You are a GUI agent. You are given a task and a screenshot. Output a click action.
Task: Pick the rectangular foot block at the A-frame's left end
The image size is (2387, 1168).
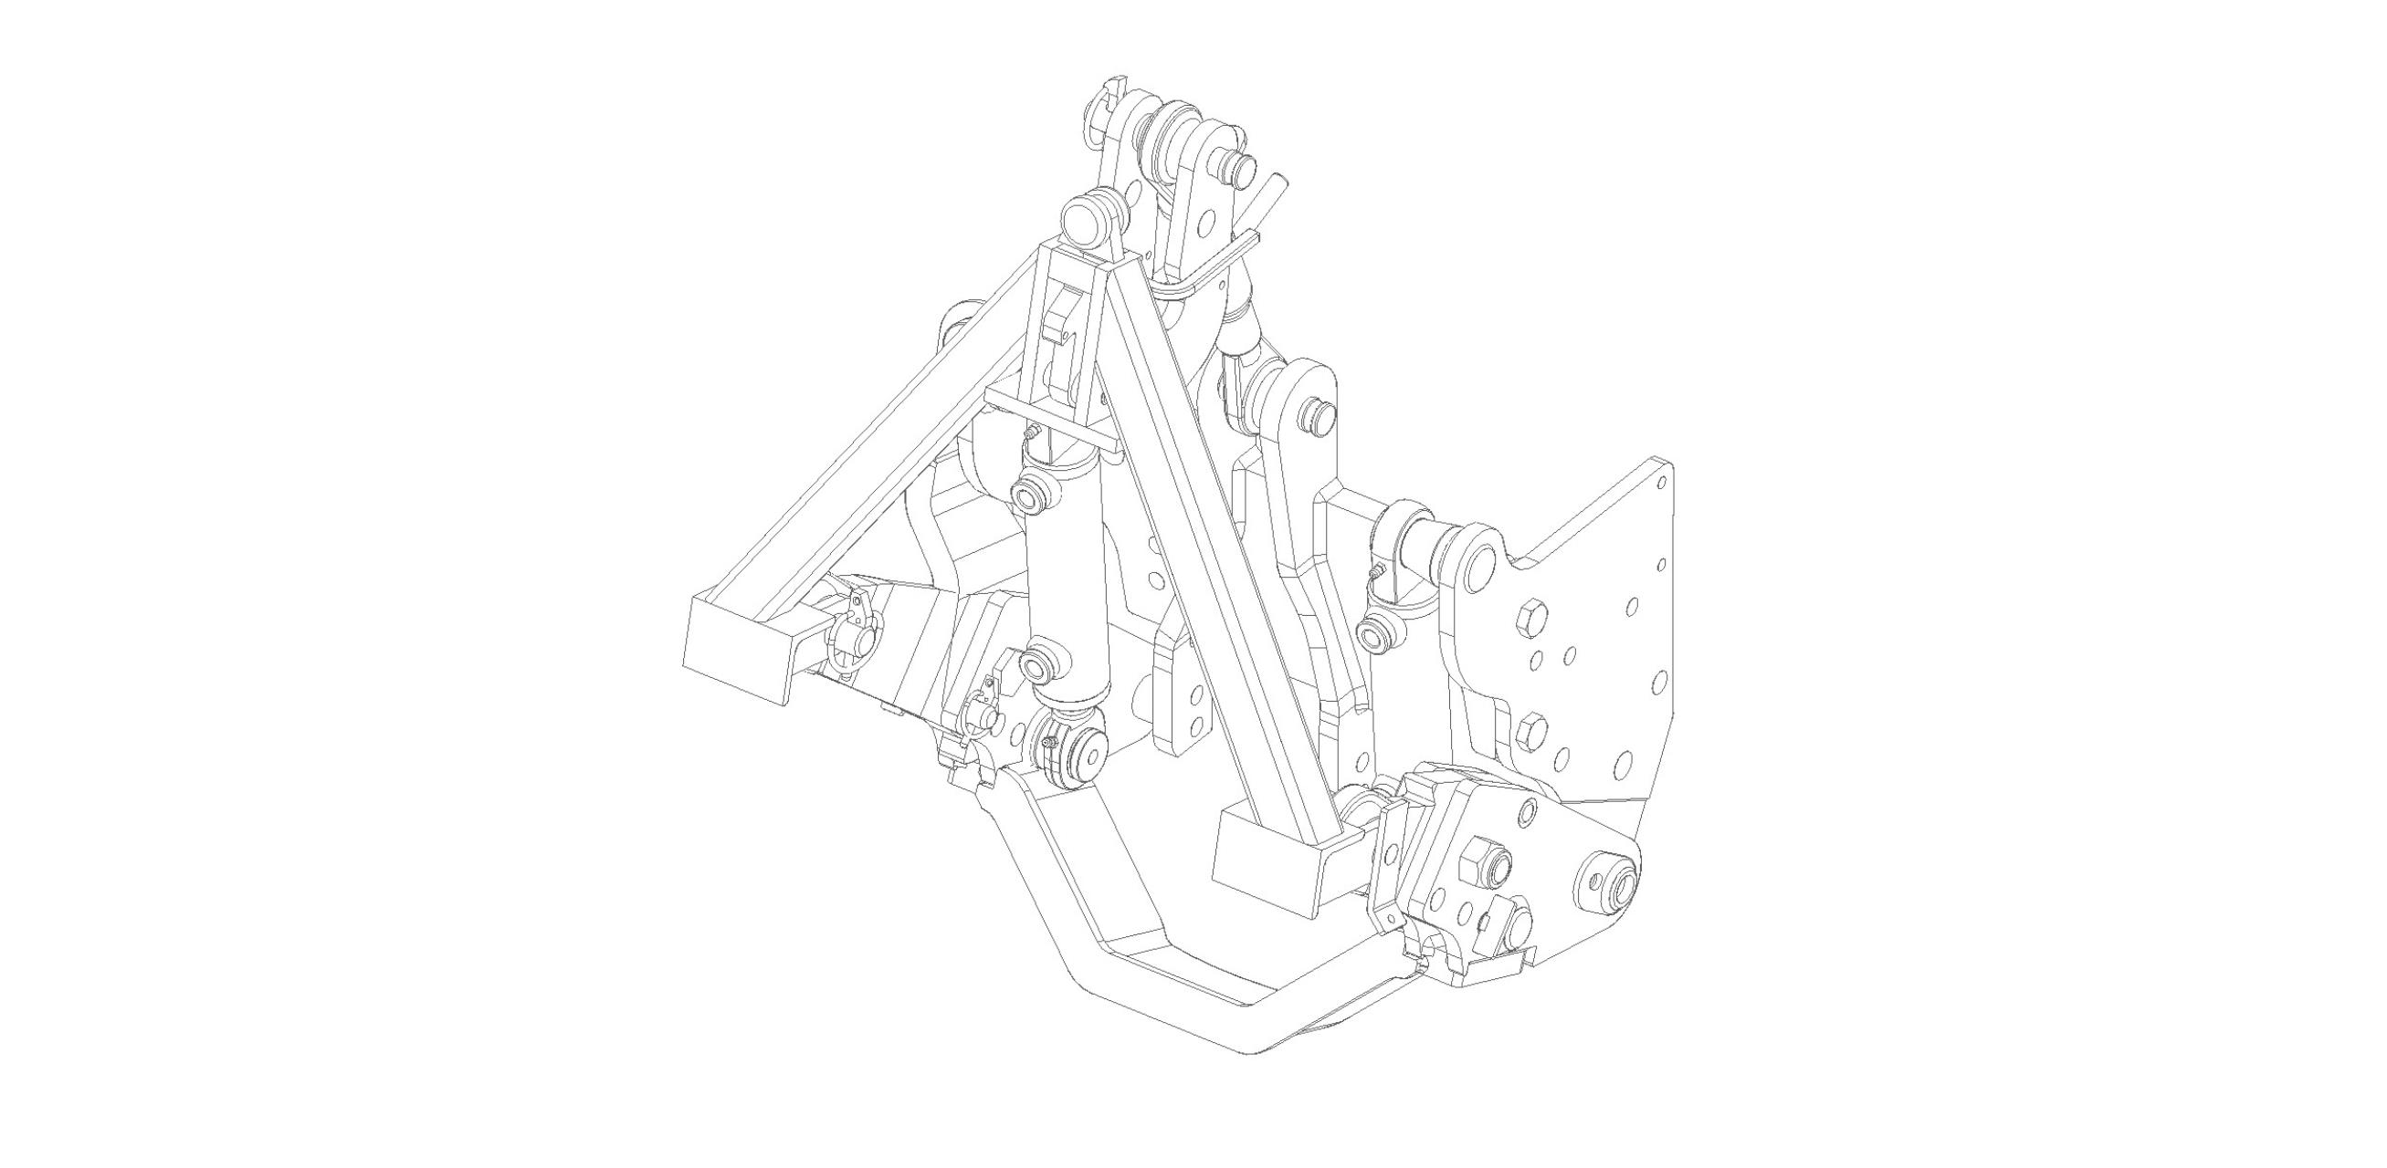tap(739, 646)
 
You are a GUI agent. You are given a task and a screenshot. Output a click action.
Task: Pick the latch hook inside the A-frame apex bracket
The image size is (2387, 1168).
tap(1059, 324)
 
